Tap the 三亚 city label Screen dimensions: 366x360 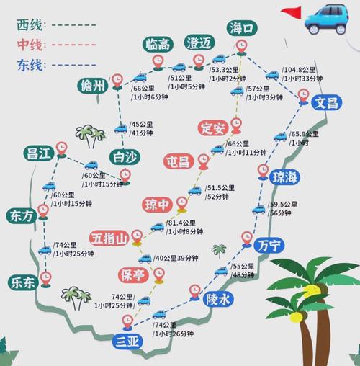click(130, 342)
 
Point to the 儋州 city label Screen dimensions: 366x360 click(93, 87)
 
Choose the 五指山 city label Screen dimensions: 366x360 click(109, 238)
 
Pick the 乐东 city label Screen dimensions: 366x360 click(22, 282)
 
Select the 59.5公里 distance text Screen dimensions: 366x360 click(283, 205)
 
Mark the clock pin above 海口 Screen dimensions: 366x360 click(243, 47)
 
